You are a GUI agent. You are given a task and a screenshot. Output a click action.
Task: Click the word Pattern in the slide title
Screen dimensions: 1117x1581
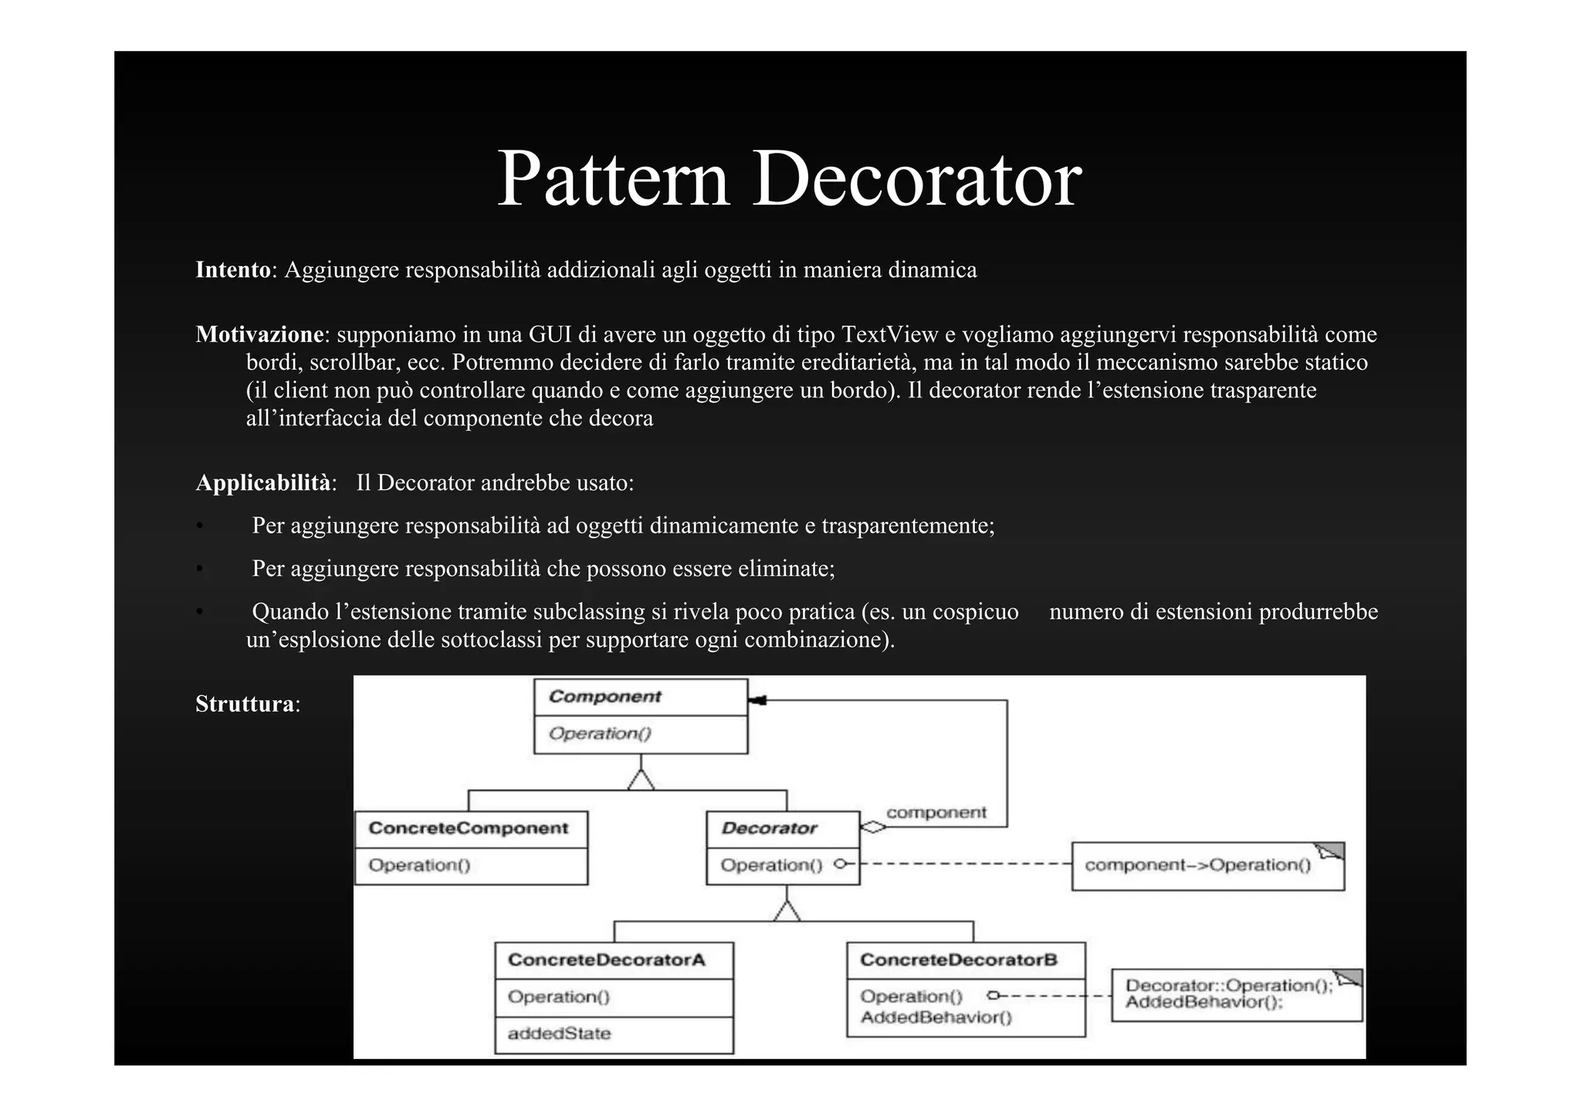click(x=613, y=179)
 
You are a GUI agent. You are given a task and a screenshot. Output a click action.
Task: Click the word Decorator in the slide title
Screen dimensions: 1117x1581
click(x=916, y=179)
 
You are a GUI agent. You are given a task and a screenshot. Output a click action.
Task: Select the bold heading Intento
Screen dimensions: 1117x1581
click(x=232, y=269)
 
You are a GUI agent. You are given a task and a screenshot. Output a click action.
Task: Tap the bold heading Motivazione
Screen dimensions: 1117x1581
click(x=259, y=334)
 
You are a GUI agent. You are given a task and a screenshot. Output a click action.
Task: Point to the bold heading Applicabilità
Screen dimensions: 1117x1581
click(x=262, y=482)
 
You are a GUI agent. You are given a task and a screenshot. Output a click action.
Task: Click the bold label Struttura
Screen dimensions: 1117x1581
click(x=244, y=704)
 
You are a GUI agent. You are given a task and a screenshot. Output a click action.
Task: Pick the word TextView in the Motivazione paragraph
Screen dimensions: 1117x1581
click(x=889, y=334)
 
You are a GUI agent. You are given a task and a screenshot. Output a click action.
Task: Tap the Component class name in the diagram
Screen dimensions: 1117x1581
click(x=604, y=696)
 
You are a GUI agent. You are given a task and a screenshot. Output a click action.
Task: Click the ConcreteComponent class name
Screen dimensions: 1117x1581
click(x=468, y=828)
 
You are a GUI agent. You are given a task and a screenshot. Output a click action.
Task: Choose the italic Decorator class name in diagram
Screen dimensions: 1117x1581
click(x=769, y=828)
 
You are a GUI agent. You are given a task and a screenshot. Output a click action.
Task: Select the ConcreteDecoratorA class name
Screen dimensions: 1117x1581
click(x=606, y=960)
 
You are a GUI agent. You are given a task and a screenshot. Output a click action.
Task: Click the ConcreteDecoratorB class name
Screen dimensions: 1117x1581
click(x=958, y=960)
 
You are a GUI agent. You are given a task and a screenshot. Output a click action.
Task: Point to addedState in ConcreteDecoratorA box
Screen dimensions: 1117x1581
click(x=559, y=1034)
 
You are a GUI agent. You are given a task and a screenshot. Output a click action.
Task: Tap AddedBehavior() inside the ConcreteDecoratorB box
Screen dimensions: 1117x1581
click(x=936, y=1017)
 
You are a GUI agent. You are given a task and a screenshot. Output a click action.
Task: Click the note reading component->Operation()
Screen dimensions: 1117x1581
click(x=1197, y=865)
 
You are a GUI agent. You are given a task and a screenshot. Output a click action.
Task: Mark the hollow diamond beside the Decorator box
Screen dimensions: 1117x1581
click(x=873, y=827)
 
